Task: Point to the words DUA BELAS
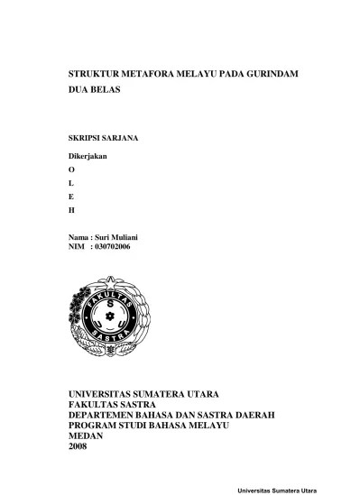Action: [x=95, y=91]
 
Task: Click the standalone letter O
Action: [x=72, y=170]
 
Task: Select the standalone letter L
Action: [x=72, y=183]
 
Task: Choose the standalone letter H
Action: [x=72, y=210]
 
